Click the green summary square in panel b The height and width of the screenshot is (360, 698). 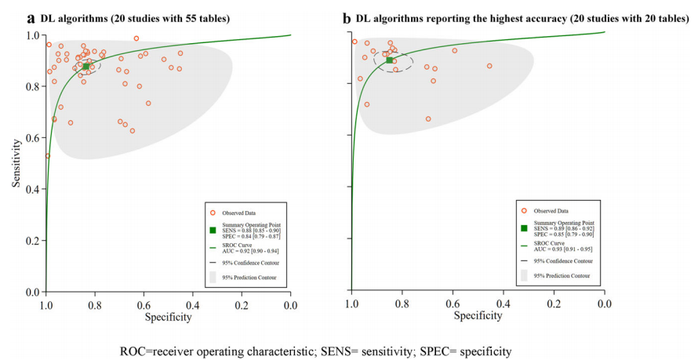(389, 60)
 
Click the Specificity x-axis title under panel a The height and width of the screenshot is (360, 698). (168, 317)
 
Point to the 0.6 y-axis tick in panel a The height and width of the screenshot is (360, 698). (32, 138)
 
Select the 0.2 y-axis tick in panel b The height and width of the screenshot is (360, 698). (338, 241)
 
